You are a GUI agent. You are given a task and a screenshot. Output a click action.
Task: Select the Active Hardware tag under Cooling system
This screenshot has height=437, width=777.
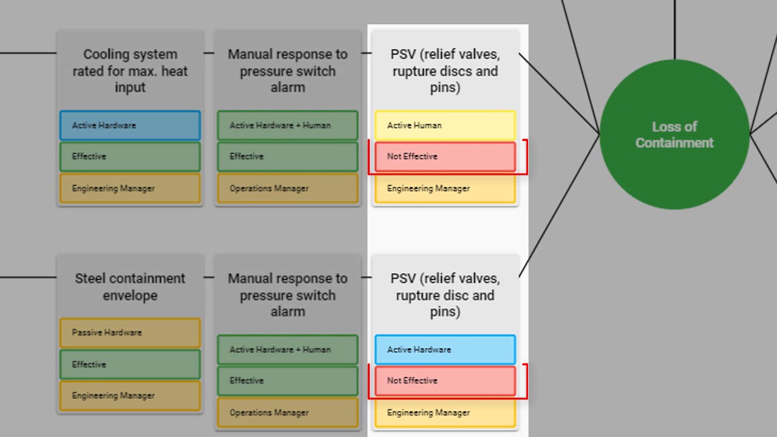coord(130,126)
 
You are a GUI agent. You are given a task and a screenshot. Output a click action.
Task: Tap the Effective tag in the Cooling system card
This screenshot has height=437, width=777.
coord(130,157)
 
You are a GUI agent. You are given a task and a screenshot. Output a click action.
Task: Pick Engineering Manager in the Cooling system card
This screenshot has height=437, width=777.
coord(130,189)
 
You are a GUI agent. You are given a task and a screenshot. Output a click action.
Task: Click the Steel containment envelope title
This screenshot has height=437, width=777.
coord(130,287)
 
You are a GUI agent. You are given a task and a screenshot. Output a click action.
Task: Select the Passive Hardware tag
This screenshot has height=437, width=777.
coord(130,333)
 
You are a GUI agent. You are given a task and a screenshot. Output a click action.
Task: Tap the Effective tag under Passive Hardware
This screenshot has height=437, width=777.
coord(130,365)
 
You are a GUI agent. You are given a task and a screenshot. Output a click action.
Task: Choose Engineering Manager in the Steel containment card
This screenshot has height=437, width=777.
coord(130,396)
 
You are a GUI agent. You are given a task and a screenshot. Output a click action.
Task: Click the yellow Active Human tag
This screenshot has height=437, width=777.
coord(445,126)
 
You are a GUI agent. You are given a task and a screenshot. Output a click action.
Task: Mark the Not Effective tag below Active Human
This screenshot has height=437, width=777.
coord(445,157)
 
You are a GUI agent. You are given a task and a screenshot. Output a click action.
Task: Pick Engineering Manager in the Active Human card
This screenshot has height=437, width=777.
coord(445,189)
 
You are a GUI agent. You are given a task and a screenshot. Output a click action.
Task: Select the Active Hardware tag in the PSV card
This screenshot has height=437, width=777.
coord(445,350)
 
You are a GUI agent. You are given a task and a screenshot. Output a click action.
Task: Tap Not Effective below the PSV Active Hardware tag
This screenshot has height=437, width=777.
coord(445,381)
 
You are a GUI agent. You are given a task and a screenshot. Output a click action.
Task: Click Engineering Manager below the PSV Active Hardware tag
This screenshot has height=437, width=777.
coord(445,413)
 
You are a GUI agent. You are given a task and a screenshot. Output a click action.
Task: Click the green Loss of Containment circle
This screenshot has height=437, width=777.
coord(674,135)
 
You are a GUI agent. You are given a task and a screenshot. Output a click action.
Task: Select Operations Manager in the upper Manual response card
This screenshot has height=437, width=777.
coord(288,189)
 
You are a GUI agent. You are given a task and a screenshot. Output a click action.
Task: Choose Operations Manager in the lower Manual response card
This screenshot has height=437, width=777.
coord(288,413)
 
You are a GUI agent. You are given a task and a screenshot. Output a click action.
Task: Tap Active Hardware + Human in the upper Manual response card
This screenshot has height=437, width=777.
coord(288,126)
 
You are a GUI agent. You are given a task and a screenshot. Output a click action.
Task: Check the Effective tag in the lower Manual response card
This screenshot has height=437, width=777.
coord(288,381)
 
